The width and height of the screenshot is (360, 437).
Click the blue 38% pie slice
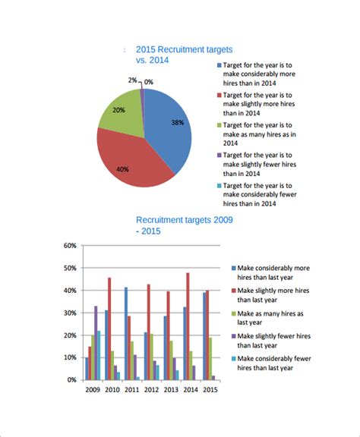pyautogui.click(x=167, y=125)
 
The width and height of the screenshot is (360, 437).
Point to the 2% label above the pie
pyautogui.click(x=132, y=80)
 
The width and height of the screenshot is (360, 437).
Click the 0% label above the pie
pyautogui.click(x=149, y=82)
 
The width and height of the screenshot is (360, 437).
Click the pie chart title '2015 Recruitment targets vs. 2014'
pyautogui.click(x=185, y=55)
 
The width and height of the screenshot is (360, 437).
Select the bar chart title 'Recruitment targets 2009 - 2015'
pyautogui.click(x=185, y=225)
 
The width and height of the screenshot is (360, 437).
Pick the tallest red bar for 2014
pyautogui.click(x=188, y=326)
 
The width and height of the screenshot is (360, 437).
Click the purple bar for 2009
pyautogui.click(x=96, y=343)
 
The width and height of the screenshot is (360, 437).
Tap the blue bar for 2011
pyautogui.click(x=126, y=334)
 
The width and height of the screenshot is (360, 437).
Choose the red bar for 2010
pyautogui.click(x=109, y=329)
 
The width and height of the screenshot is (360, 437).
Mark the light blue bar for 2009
pyautogui.click(x=99, y=355)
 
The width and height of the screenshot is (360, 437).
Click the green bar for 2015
pyautogui.click(x=210, y=359)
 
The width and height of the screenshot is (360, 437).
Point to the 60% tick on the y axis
pyautogui.click(x=70, y=246)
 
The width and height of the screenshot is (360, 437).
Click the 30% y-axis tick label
pyautogui.click(x=70, y=313)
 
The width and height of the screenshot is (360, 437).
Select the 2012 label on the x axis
pyautogui.click(x=151, y=390)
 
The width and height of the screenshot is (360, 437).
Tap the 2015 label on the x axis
pyautogui.click(x=210, y=390)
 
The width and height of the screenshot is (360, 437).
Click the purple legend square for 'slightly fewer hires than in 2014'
pyautogui.click(x=219, y=156)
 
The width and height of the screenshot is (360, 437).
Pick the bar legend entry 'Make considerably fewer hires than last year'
pyautogui.click(x=272, y=363)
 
